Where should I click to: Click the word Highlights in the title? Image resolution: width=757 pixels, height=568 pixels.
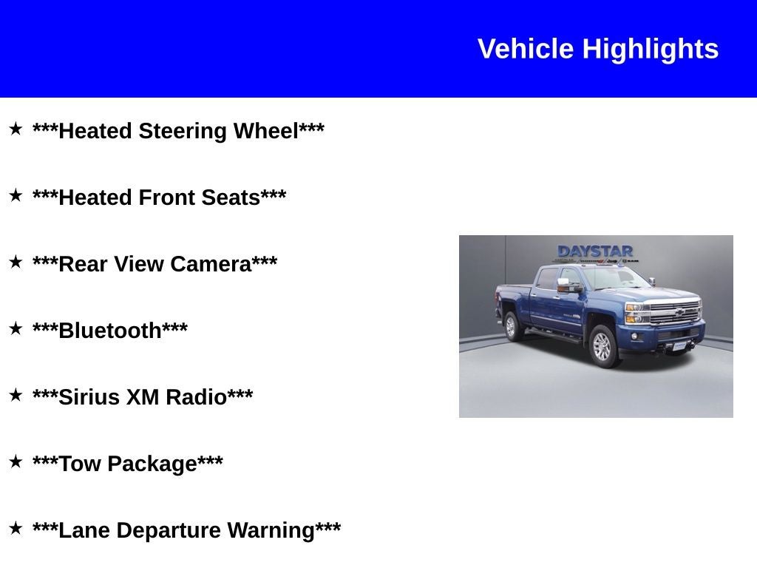click(x=650, y=50)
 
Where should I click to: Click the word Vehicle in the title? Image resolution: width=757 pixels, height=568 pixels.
click(x=526, y=50)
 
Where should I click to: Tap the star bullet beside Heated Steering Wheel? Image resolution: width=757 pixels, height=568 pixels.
click(x=16, y=129)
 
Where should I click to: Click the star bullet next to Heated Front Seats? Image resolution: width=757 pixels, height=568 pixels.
click(x=16, y=196)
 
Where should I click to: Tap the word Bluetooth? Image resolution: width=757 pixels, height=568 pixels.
click(x=110, y=331)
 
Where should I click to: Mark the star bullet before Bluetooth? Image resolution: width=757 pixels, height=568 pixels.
click(x=16, y=329)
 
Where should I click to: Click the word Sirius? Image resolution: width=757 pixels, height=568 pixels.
click(x=89, y=398)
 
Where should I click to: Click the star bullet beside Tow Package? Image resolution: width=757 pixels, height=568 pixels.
click(x=16, y=462)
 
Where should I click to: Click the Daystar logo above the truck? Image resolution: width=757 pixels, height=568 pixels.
click(x=595, y=251)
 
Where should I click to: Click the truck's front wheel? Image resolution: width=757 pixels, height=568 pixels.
click(x=603, y=345)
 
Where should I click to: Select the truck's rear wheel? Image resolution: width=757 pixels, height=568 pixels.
click(x=511, y=325)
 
